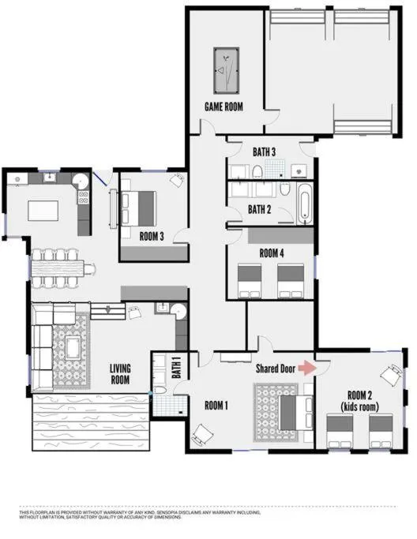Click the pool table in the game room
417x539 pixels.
click(x=225, y=72)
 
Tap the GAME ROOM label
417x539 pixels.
click(x=224, y=106)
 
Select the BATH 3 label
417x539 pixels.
click(x=264, y=152)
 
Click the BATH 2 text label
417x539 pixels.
click(x=260, y=210)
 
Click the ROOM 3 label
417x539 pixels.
click(x=152, y=235)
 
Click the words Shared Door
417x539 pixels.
click(x=276, y=369)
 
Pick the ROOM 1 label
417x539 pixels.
click(x=216, y=406)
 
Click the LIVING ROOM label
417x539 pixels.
click(x=120, y=373)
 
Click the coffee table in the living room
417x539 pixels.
click(x=74, y=347)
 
